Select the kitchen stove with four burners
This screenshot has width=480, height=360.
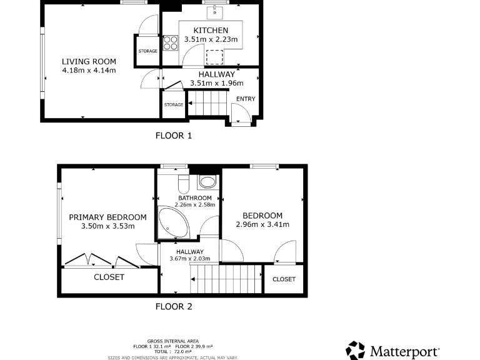[171, 42]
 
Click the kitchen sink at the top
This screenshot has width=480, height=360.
[214, 11]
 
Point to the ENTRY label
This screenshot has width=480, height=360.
[245, 99]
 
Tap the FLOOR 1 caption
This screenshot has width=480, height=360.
[173, 135]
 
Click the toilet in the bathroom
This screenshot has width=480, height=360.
[184, 182]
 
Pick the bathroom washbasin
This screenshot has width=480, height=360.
[207, 182]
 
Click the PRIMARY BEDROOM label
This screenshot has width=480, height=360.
[107, 217]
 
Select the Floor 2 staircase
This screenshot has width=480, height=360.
[226, 278]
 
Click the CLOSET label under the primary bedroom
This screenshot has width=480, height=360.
[109, 277]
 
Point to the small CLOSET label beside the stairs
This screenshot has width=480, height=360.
[284, 279]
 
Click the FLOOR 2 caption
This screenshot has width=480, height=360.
[173, 306]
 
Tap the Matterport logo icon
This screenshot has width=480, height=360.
[356, 350]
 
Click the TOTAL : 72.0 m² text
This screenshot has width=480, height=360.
[172, 352]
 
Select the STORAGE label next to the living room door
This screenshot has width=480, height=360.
[148, 51]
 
